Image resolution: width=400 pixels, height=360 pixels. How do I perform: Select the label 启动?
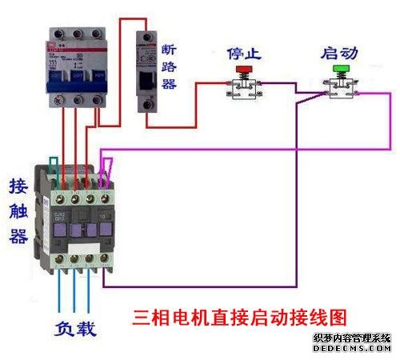(x=339, y=54)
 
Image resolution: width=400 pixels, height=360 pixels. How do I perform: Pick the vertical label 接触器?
(x=18, y=211)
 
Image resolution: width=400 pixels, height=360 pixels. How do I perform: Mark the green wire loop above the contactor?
(x=54, y=166)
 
